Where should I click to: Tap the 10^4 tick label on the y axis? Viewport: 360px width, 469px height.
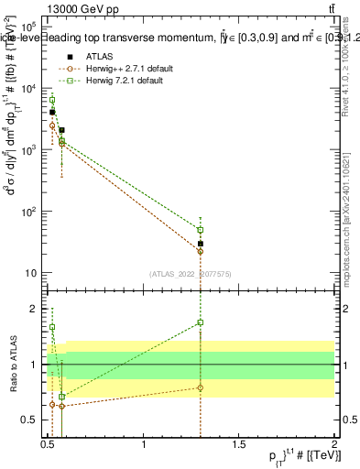[27, 89]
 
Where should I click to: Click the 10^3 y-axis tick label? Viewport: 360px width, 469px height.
[27, 150]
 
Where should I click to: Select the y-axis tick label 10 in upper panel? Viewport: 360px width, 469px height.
[30, 273]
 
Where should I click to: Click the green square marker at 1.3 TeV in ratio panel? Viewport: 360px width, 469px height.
[200, 322]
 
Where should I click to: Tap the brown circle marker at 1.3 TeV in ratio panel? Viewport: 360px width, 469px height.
[200, 387]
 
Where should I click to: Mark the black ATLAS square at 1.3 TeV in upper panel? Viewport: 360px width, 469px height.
[200, 244]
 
